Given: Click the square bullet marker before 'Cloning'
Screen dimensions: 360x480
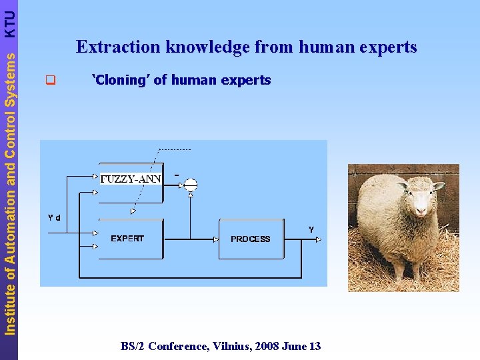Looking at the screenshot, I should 49,81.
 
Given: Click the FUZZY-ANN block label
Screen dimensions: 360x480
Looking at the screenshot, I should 131,179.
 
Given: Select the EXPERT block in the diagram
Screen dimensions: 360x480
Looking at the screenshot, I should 127,239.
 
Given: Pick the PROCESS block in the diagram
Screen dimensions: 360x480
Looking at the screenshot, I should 251,239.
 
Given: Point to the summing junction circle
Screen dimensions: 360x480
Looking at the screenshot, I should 191,185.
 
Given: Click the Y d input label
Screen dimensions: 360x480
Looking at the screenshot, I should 55,217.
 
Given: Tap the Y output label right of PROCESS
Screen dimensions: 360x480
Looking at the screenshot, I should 311,229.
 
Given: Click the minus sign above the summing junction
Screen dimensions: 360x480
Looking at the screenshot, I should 176,175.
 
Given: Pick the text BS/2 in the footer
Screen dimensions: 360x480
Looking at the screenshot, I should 133,346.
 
